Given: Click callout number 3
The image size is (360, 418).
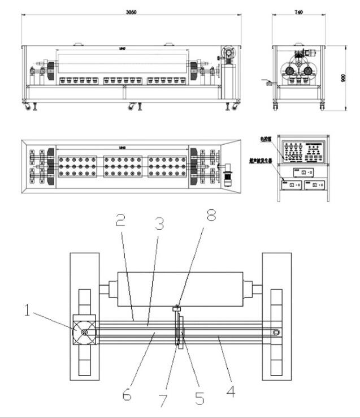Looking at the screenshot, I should click(x=160, y=225).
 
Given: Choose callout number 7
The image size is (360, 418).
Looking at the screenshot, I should click(x=163, y=400).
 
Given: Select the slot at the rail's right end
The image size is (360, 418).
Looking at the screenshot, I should click(x=276, y=333).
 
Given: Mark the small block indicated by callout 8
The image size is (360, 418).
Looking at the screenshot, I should click(x=177, y=308).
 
